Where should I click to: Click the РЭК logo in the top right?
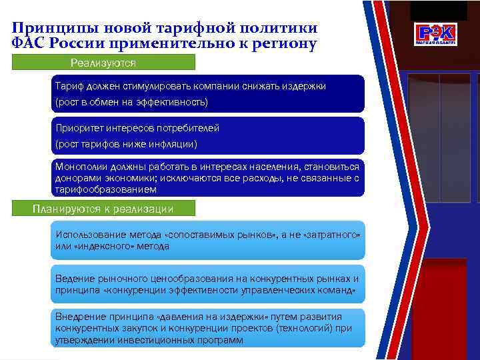(x=435, y=34)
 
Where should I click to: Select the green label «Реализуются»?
(x=103, y=63)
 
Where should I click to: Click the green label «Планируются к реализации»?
(x=103, y=209)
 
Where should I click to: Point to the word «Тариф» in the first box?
(x=69, y=87)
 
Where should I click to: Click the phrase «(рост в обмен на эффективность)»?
(x=131, y=103)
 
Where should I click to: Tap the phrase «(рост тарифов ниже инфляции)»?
(x=127, y=144)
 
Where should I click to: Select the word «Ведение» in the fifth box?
(x=74, y=279)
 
